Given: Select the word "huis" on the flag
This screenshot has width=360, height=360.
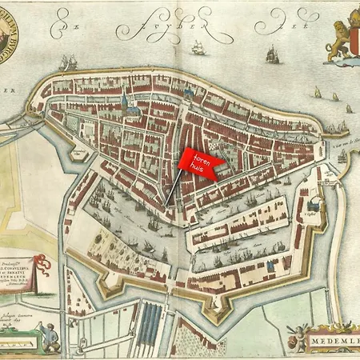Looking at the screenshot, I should point(198,170).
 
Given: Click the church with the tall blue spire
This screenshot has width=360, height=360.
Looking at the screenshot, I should point(125,102).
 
